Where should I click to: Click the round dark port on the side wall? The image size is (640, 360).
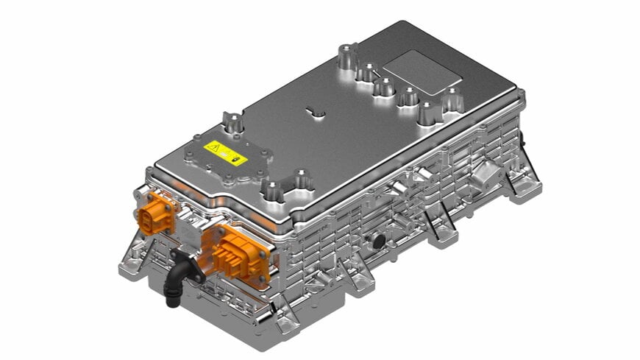pos(378,241)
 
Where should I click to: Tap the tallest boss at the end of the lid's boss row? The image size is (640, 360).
pos(345,57)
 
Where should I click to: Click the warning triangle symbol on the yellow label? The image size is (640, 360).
pos(213,147)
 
